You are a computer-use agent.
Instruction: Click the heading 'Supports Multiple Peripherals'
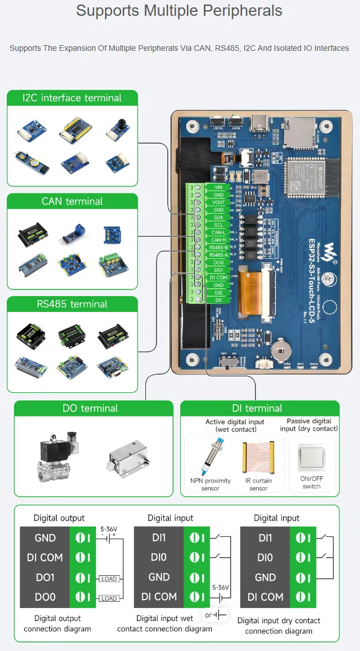tap(179, 11)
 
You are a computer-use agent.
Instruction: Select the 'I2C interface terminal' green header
tap(72, 98)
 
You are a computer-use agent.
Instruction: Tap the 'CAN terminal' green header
tap(72, 201)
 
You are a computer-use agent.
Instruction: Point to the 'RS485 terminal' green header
tap(72, 304)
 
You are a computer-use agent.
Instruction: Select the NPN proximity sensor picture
tap(210, 457)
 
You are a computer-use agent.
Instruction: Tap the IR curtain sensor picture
tap(258, 458)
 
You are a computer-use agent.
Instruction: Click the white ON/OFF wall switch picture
tap(311, 457)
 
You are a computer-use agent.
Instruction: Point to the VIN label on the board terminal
tap(219, 187)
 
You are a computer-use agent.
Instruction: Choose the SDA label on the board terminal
tap(219, 218)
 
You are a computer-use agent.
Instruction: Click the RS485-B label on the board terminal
tap(218, 248)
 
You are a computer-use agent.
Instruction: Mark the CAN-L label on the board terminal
tap(219, 232)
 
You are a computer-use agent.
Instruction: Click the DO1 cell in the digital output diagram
tap(45, 578)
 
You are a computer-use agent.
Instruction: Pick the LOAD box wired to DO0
tap(109, 598)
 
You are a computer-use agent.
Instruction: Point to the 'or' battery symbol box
tap(215, 614)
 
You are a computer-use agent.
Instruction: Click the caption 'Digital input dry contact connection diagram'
tap(279, 626)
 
